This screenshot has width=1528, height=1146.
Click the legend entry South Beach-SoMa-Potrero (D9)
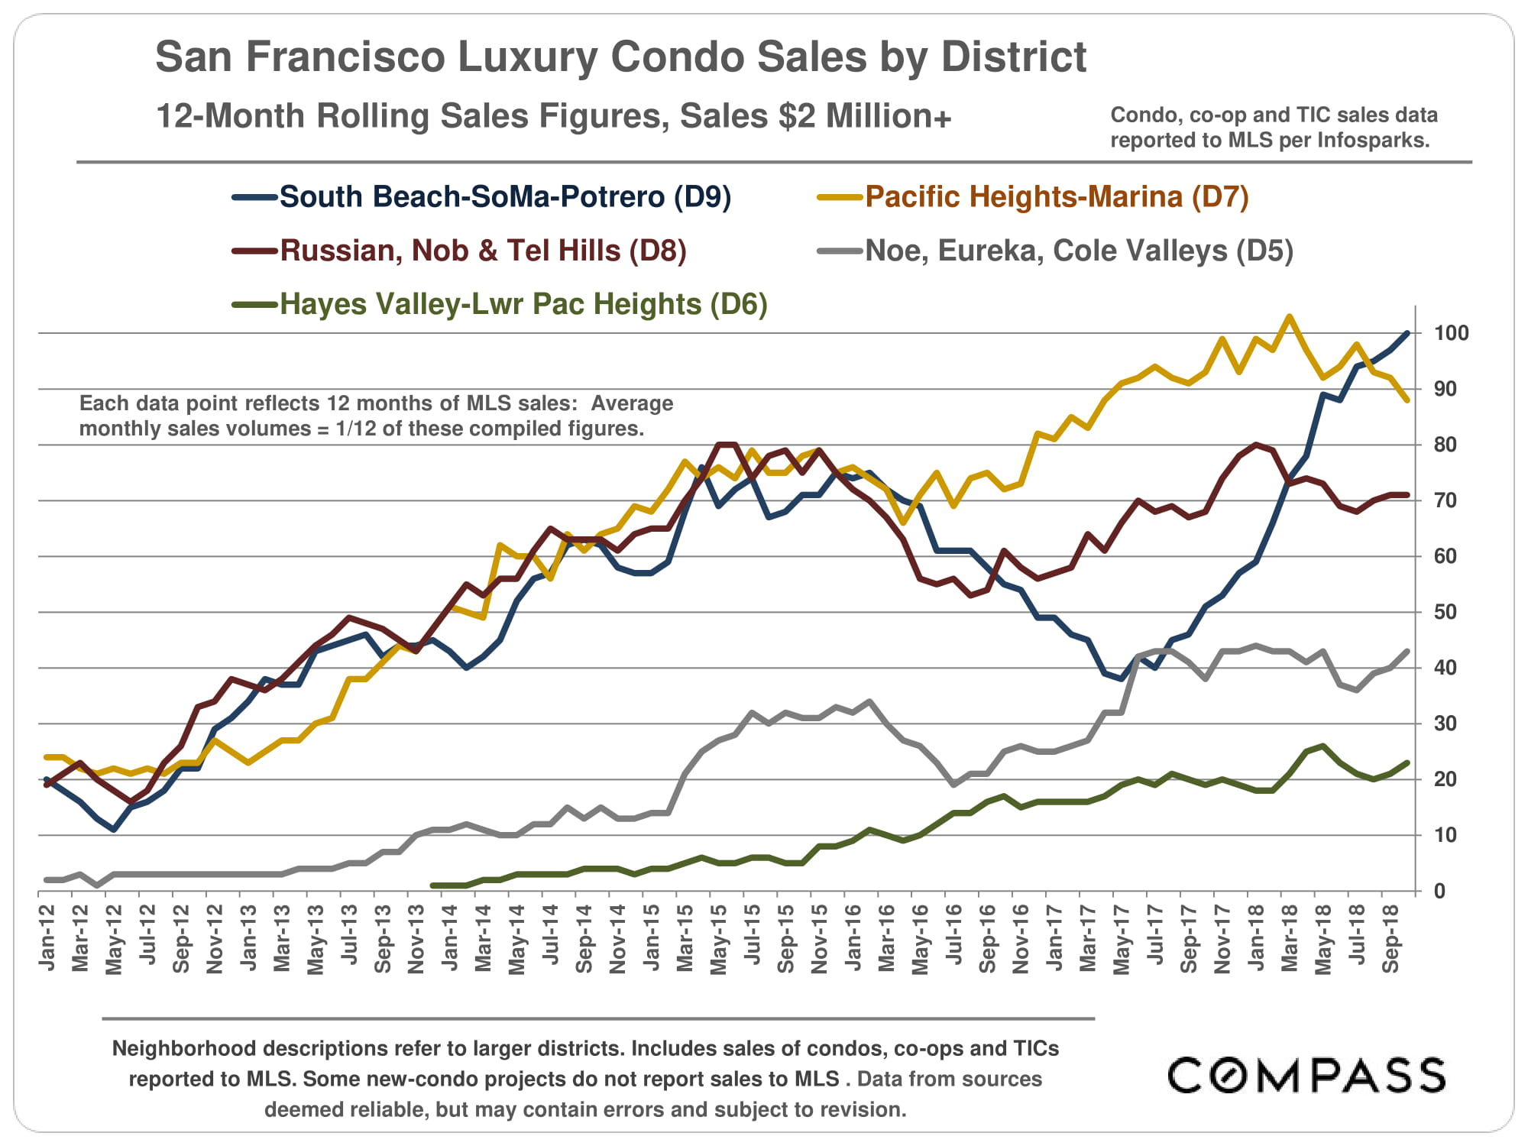[x=505, y=197]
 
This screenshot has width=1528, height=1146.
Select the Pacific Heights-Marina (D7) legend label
[x=1057, y=197]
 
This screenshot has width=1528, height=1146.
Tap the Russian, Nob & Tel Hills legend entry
[x=483, y=251]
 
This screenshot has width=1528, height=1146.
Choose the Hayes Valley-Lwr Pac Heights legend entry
[x=523, y=304]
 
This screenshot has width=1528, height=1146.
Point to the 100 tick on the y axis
[x=1451, y=333]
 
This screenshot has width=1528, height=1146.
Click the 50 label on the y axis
[x=1445, y=612]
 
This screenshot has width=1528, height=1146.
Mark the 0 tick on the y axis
[x=1439, y=891]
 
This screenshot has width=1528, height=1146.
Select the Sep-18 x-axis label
[x=1391, y=938]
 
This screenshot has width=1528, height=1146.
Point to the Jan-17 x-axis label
[x=1055, y=937]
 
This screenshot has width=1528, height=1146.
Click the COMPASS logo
[x=1306, y=1076]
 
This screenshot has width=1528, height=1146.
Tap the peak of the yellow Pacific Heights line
[x=1290, y=316]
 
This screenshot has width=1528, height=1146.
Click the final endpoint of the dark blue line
[x=1407, y=333]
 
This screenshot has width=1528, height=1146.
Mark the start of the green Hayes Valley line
[x=433, y=885]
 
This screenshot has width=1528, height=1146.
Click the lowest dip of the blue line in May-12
[x=114, y=830]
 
